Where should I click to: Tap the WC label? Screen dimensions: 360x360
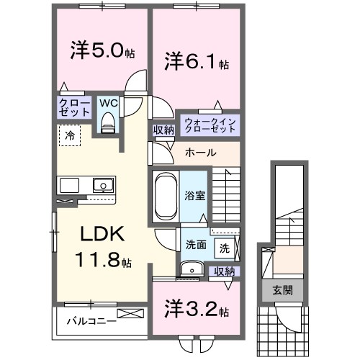tap(108, 104)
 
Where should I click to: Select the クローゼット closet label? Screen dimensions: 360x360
tap(74, 108)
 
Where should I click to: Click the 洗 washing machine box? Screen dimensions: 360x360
tap(225, 248)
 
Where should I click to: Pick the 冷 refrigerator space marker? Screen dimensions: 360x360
tap(70, 135)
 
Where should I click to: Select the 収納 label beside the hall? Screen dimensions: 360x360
tap(163, 130)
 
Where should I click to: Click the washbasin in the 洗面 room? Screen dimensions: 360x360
tap(191, 269)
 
